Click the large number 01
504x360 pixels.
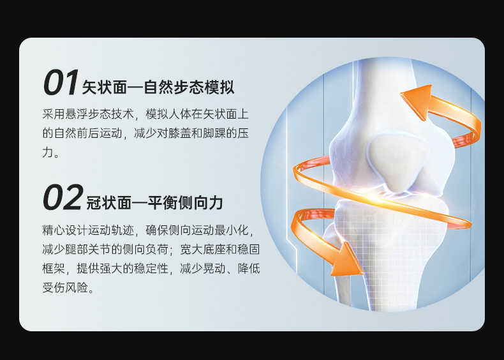(61, 82)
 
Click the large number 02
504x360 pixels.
(63, 197)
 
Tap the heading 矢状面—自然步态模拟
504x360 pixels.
(158, 87)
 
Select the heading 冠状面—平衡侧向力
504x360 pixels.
(154, 203)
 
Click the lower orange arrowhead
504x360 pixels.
(346, 260)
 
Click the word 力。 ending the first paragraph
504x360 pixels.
(51, 152)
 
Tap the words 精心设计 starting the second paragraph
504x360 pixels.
(65, 230)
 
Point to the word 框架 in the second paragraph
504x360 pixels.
(54, 268)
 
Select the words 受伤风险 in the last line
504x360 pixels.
(65, 287)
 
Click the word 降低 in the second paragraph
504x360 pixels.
(249, 268)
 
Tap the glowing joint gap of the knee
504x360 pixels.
(390, 195)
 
